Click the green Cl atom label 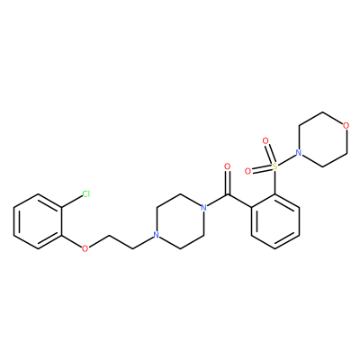pos(86,194)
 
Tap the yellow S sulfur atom pos(274,166)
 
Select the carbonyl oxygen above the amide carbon pos(228,166)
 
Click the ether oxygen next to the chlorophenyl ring pos(85,248)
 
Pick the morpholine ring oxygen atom pos(346,126)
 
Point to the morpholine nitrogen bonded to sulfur pos(299,153)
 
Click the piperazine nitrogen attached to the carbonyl pos(203,207)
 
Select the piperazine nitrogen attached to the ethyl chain pos(157,235)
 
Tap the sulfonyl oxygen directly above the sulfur pos(265,140)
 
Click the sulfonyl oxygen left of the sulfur pos(247,171)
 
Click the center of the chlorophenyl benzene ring pos(38,221)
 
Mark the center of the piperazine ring pos(180,221)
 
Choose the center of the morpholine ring pos(322,139)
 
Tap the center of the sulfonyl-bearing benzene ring pos(274,221)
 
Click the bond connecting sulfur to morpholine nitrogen pos(287,159)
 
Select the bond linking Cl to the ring pos(72,202)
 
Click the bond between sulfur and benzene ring pos(274,182)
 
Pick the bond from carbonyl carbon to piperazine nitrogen pos(217,201)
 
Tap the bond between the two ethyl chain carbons pos(121,242)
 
